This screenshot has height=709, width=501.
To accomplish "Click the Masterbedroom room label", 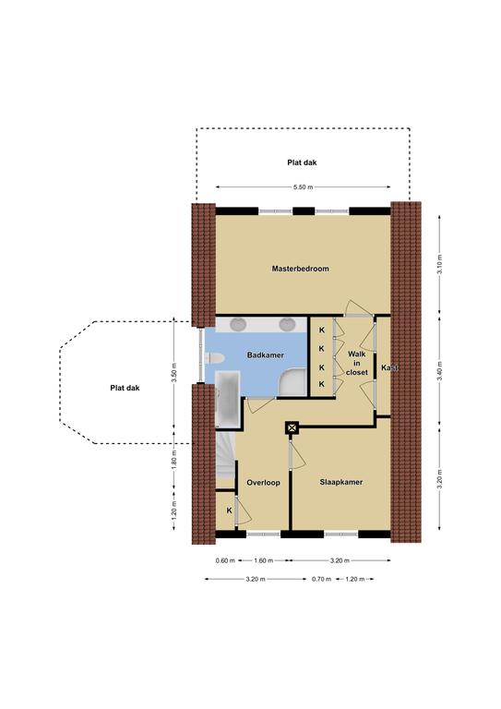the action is [x=301, y=269].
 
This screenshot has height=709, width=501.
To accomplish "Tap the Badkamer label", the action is [x=266, y=354].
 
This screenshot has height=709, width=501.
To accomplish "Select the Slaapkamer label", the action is [x=341, y=482].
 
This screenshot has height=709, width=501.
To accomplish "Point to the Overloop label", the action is [x=263, y=483].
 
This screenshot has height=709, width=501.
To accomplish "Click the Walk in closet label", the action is [x=357, y=363].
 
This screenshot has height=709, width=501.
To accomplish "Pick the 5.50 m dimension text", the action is [x=304, y=186].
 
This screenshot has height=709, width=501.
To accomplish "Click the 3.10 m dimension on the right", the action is [x=440, y=265].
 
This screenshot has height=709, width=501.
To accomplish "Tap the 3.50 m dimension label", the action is [x=174, y=373].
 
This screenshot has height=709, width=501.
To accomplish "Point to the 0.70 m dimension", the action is [x=322, y=579].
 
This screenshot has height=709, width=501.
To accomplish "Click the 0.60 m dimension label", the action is [x=225, y=560].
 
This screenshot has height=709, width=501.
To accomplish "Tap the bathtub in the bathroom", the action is [x=228, y=399].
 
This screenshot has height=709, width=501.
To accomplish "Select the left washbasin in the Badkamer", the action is [x=238, y=324].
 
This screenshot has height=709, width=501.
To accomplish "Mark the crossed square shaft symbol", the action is [x=292, y=427].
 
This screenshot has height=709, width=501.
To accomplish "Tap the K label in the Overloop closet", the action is [x=229, y=511].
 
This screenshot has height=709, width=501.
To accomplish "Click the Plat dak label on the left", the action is [x=125, y=388].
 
